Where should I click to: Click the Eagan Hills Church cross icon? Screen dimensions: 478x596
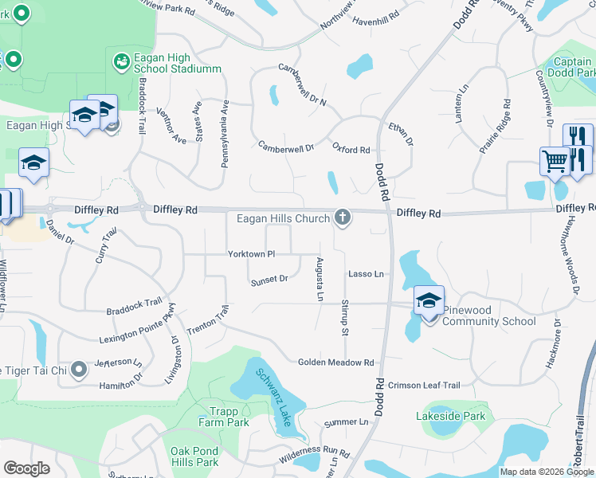click(343, 217)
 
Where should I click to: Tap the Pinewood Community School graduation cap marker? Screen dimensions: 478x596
click(429, 300)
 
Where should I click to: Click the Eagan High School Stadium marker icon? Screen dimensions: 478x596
click(121, 61)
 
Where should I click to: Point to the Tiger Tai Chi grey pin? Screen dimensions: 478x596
click(78, 369)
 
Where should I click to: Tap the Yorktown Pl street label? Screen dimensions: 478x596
click(251, 254)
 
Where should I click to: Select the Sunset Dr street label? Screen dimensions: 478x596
click(269, 280)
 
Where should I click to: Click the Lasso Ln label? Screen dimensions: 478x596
click(366, 274)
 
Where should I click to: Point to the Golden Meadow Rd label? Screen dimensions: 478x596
click(335, 362)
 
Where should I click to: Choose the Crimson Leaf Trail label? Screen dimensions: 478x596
click(425, 385)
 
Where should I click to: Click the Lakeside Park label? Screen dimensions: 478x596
click(450, 416)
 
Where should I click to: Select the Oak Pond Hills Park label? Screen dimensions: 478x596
click(194, 456)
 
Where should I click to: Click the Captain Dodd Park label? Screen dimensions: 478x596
click(574, 67)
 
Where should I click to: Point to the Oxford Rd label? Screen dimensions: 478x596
click(351, 149)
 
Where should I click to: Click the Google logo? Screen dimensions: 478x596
click(26, 468)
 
